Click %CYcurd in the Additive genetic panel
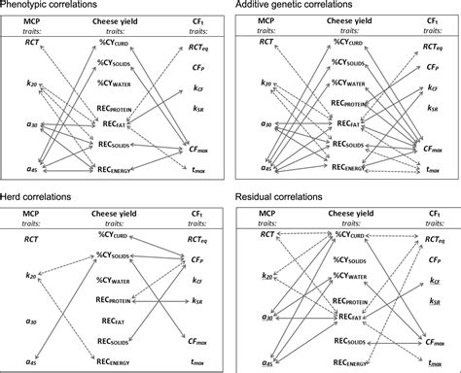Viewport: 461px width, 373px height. coord(353,41)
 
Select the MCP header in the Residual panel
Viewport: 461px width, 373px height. coord(257,211)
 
